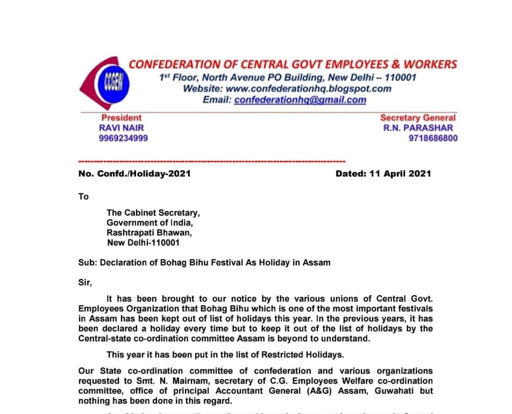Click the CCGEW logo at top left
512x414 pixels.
[x=103, y=83]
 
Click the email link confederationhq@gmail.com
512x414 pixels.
[x=300, y=100]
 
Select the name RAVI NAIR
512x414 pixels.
[x=122, y=128]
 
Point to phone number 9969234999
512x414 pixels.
[x=123, y=138]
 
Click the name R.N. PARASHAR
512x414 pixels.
[x=418, y=128]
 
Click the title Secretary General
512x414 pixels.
[x=417, y=118]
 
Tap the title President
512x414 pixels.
[x=122, y=118]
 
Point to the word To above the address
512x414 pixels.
[x=83, y=197]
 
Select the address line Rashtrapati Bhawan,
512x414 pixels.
[x=149, y=233]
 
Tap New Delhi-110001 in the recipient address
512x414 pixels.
[x=144, y=242]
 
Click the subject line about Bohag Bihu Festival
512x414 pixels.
[x=204, y=262]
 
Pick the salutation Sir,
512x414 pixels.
[x=85, y=282]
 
